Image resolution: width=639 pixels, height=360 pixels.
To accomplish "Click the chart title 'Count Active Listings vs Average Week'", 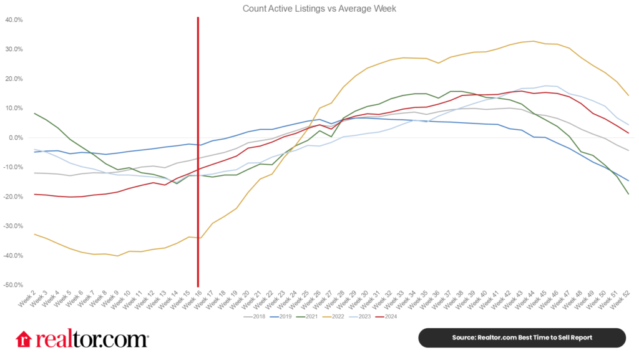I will pos(319,9).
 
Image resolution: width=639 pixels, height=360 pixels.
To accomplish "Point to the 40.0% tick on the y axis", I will pos(14,20).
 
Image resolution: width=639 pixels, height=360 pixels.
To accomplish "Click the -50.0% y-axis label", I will pos(13,285).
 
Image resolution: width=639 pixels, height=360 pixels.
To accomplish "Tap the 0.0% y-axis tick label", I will pos(15,138).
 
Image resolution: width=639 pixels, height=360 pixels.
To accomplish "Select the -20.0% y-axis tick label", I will pos(13,197).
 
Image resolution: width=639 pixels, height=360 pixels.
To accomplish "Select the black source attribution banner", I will pos(521,338).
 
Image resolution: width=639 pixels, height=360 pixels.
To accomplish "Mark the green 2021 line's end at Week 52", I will pos(628,194).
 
